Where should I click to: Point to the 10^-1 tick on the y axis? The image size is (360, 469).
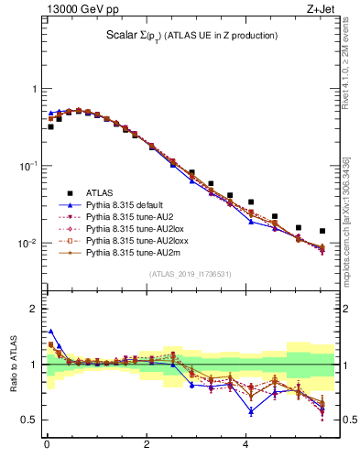30,166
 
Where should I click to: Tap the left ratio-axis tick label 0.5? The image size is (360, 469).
28,420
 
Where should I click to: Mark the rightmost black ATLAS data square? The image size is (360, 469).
322,231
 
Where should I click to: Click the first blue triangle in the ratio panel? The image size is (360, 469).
51,332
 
